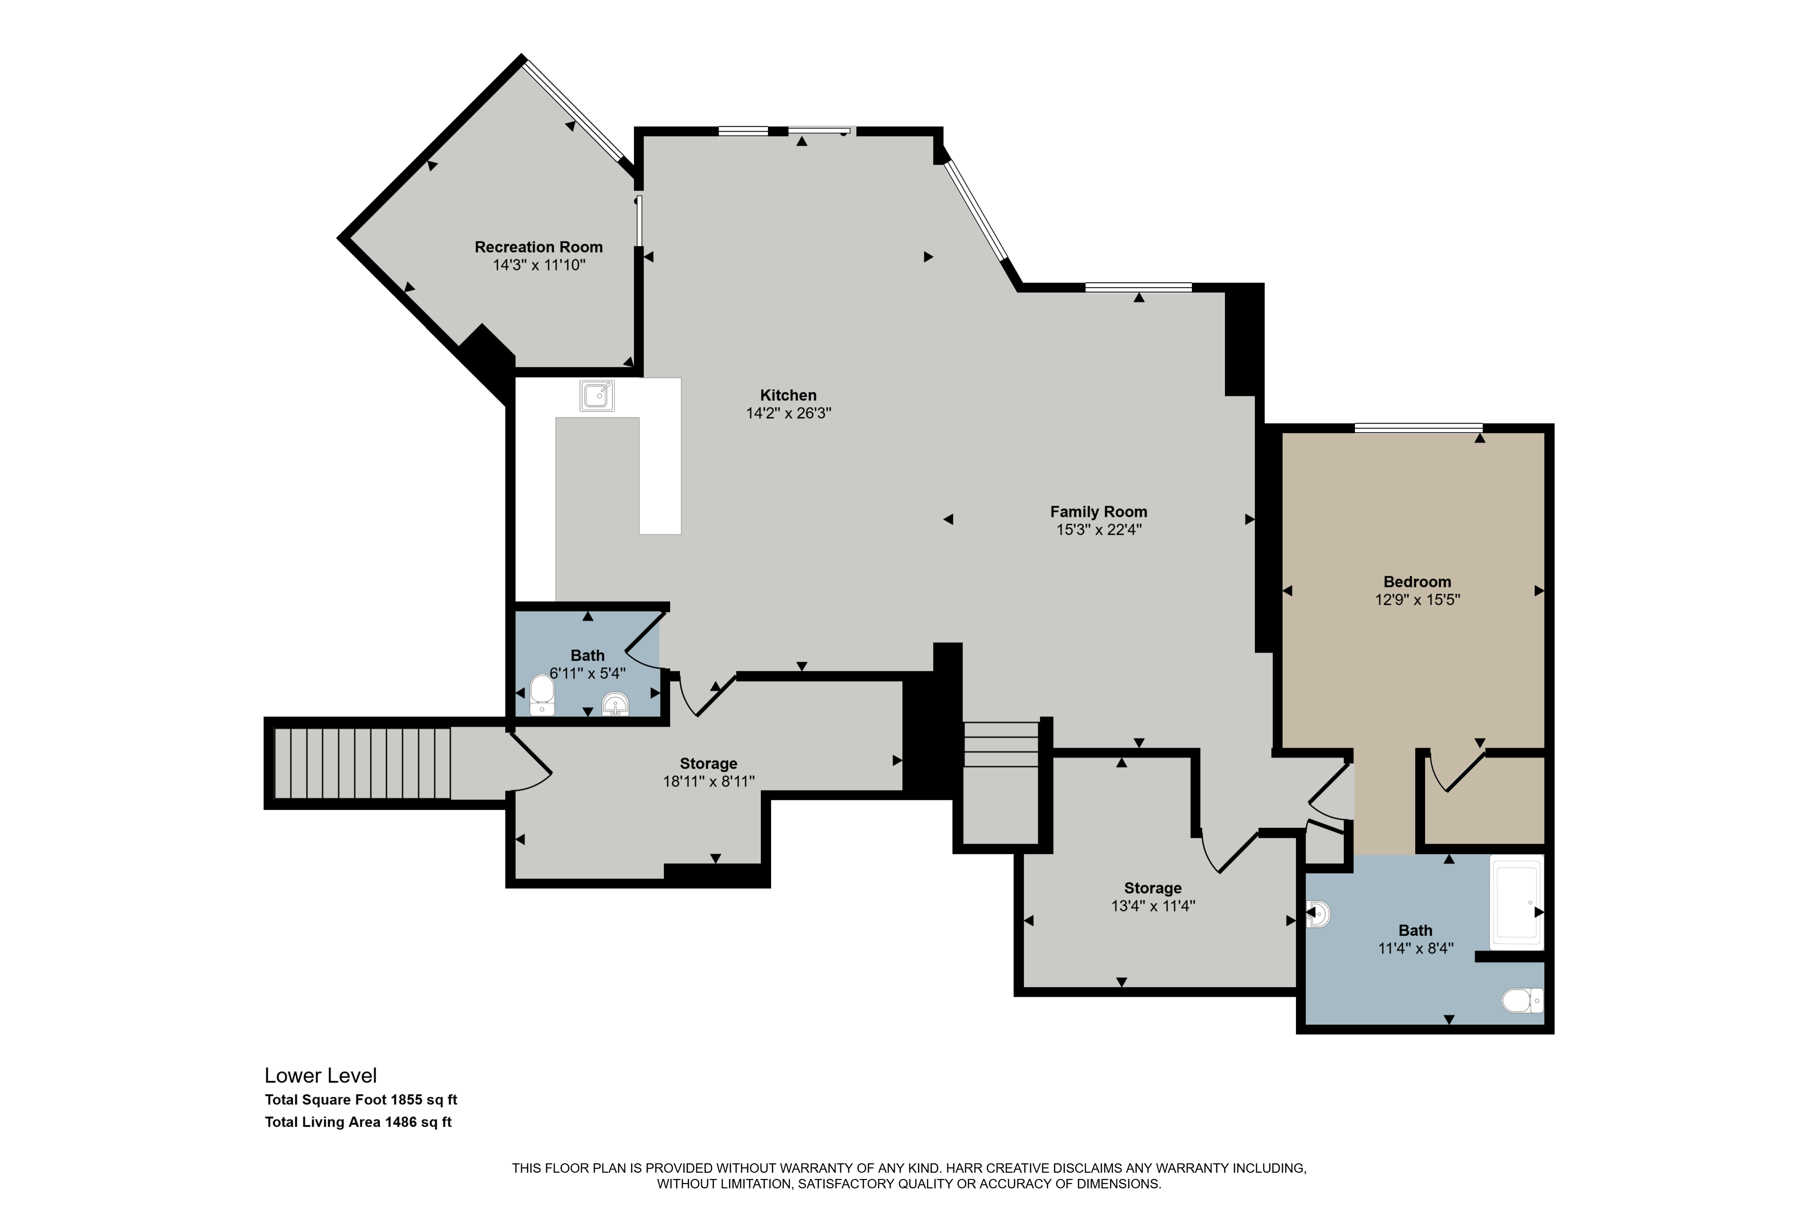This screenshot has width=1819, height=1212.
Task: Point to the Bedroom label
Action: tap(1417, 582)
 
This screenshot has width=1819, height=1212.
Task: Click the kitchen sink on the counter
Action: tap(597, 396)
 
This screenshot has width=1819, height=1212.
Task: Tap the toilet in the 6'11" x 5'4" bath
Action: tap(542, 695)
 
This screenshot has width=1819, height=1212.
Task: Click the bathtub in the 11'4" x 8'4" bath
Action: tap(1517, 902)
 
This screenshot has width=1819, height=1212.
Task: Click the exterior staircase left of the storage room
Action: tap(362, 764)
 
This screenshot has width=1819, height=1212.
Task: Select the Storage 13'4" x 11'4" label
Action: tap(1153, 897)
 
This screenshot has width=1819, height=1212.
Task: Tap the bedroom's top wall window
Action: tap(1418, 428)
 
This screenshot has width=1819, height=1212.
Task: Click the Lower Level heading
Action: tap(321, 1075)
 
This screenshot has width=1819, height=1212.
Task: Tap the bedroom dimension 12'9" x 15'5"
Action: tap(1417, 600)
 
